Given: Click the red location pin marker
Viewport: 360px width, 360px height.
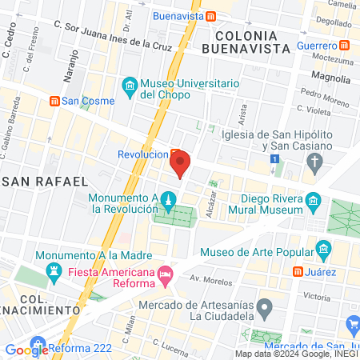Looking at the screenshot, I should pos(180,162).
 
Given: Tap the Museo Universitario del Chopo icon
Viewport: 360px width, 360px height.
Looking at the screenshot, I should pos(129,85).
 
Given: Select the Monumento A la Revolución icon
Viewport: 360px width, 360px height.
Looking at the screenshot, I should pos(168,198).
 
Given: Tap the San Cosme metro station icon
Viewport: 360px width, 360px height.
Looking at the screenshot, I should pos(54,101).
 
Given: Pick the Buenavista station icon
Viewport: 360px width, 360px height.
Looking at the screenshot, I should pos(210,15).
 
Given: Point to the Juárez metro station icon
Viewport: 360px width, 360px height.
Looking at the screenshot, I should pos(297,272).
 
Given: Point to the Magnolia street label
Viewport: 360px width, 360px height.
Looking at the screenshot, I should pos(331,78).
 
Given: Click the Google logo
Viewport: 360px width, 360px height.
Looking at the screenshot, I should pos(27,349).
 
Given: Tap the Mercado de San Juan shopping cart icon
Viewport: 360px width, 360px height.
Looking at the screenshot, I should pos(354,324).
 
